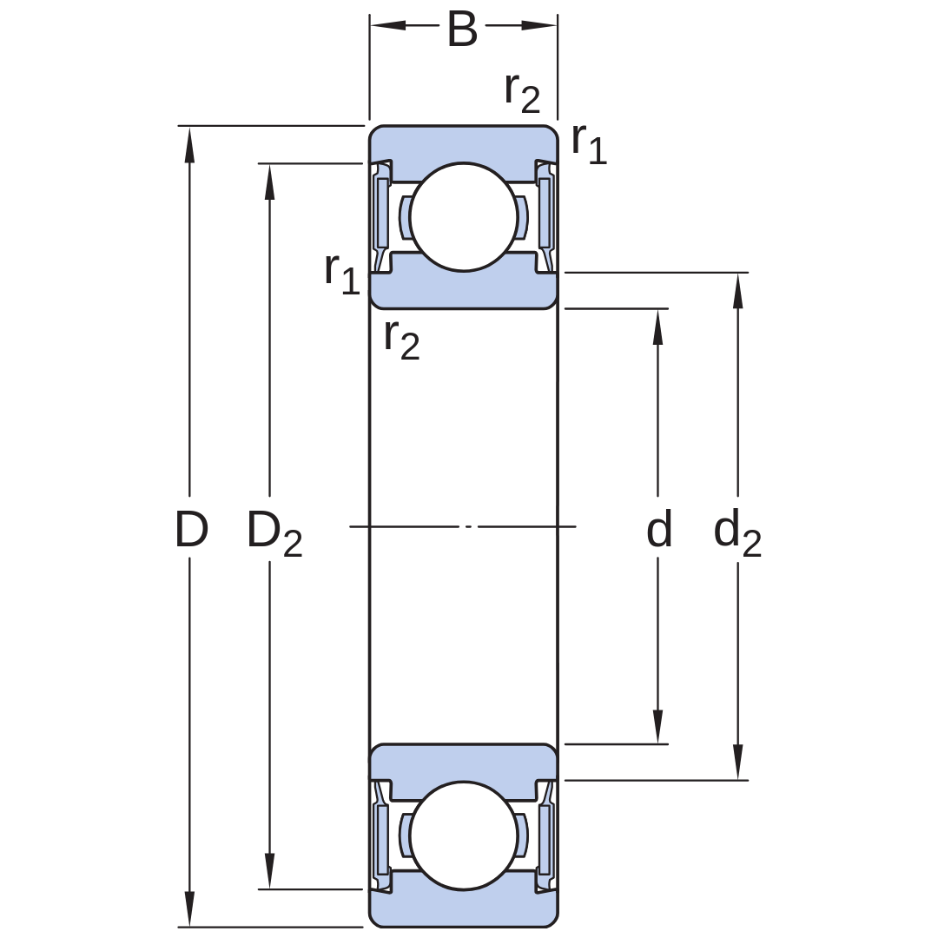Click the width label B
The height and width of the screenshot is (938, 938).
coord(462,29)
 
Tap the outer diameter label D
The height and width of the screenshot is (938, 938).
coord(191,530)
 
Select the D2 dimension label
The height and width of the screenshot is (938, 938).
coord(274,532)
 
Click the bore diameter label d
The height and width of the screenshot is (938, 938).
coord(658,529)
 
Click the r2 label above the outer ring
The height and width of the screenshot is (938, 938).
coord(522,93)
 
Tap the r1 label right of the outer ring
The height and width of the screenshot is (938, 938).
coord(589,143)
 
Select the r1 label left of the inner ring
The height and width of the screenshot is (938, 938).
coord(342,273)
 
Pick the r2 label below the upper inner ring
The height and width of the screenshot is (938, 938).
coord(402,340)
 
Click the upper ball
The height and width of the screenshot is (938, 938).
coord(464,216)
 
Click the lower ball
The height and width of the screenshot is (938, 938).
coord(464,836)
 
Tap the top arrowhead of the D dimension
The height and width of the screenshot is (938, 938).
coord(189,144)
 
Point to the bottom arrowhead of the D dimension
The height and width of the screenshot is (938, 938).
coord(189,909)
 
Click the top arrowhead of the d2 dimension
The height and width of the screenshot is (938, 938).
coord(737,291)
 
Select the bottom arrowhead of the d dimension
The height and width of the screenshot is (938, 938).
coord(658,726)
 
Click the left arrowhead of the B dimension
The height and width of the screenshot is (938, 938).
coord(388,25)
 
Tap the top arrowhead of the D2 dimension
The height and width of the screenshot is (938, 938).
coord(270,182)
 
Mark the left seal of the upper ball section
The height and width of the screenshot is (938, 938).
coord(381,216)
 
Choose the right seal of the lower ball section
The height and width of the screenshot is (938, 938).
coord(545,836)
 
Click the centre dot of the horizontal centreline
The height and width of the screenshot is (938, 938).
coord(468,527)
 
